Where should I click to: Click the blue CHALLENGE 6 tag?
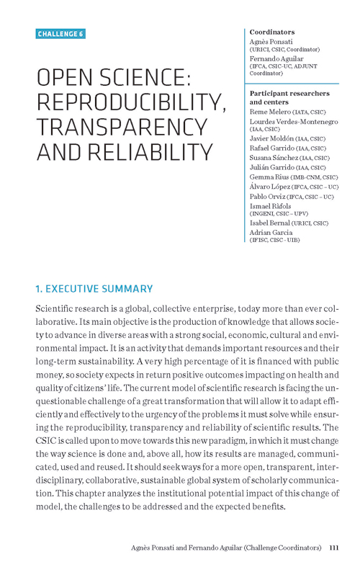point(61,34)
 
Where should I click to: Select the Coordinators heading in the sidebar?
point(272,32)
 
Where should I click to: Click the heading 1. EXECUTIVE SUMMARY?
point(94,289)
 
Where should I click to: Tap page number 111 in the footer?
point(333,548)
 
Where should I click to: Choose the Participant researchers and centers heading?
point(289,98)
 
